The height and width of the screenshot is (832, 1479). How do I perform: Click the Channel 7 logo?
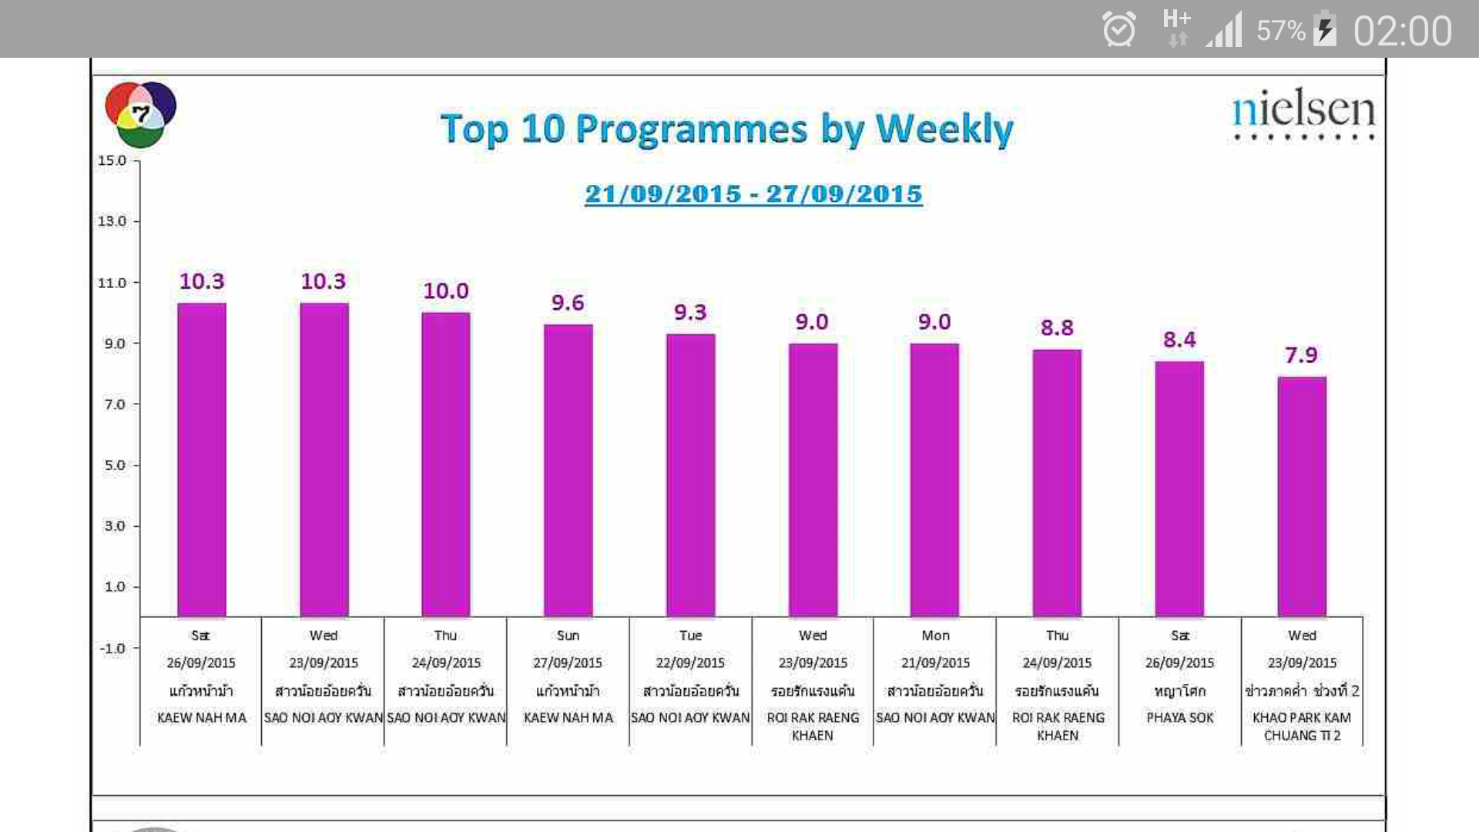[x=140, y=115]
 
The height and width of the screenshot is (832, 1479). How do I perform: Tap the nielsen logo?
[x=1303, y=113]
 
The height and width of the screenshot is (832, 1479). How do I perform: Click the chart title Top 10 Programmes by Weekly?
[x=726, y=129]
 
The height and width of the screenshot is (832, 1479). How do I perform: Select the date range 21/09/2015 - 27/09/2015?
[x=753, y=193]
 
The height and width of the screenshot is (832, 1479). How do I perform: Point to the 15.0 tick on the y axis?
[x=112, y=160]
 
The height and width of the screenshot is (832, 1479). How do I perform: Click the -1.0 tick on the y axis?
[x=112, y=648]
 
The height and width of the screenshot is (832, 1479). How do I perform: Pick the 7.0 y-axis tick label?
[x=115, y=404]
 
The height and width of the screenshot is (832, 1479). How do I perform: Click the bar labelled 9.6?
[x=568, y=470]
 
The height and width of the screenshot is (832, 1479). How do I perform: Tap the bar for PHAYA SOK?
[x=1179, y=488]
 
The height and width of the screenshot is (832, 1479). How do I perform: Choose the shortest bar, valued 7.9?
[x=1302, y=496]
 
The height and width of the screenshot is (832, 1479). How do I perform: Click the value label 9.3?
[x=690, y=312]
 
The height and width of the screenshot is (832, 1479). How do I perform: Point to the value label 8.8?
[x=1057, y=327]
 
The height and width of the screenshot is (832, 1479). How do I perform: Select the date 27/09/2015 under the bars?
[x=568, y=663]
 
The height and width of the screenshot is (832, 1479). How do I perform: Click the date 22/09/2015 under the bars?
[x=690, y=663]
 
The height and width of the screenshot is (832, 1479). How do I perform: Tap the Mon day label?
[x=935, y=636]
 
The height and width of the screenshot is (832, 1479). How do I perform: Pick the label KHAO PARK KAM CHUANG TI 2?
[x=1302, y=726]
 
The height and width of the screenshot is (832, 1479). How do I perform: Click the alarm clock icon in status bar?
[x=1118, y=30]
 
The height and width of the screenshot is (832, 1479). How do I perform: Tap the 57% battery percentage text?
[x=1280, y=31]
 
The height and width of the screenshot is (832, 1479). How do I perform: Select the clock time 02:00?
[x=1402, y=32]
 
